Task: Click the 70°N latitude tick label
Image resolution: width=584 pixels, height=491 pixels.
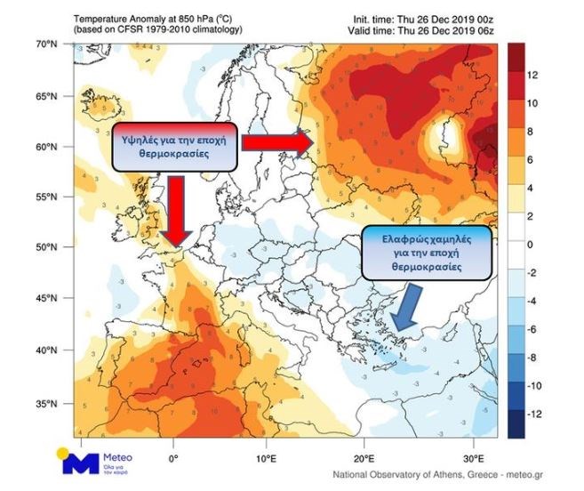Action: pos(46,43)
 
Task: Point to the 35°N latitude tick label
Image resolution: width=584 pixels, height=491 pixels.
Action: pos(46,405)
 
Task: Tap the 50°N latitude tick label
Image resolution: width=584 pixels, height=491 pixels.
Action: pos(46,247)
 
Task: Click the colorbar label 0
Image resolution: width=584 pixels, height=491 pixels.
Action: pos(530,245)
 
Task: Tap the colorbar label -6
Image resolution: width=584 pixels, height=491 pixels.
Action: pos(533,329)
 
